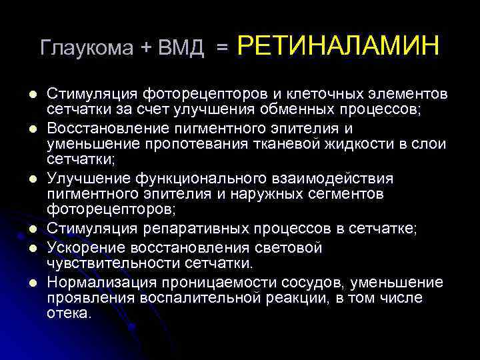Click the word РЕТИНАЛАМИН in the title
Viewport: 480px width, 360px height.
[338, 46]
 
